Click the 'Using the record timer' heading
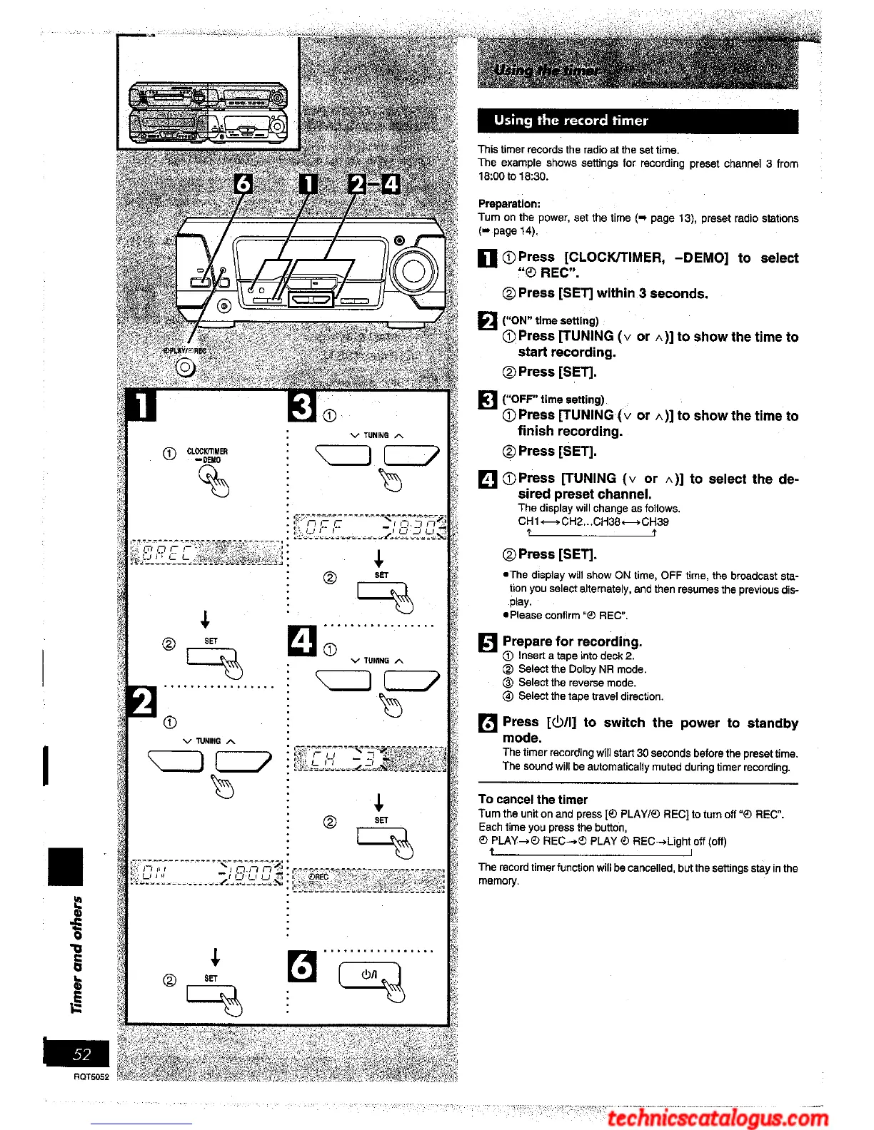coord(571,121)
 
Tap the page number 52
coord(81,1054)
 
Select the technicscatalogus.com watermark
coord(718,1117)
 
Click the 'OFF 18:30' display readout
coord(370,528)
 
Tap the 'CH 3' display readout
coord(370,758)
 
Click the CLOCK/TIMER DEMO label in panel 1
coord(207,455)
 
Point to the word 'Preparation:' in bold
coord(509,204)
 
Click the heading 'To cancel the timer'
coord(533,800)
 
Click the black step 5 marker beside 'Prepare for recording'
coord(487,643)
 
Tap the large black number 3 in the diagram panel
coord(302,406)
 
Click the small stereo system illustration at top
coord(208,111)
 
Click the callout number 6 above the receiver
coord(243,184)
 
